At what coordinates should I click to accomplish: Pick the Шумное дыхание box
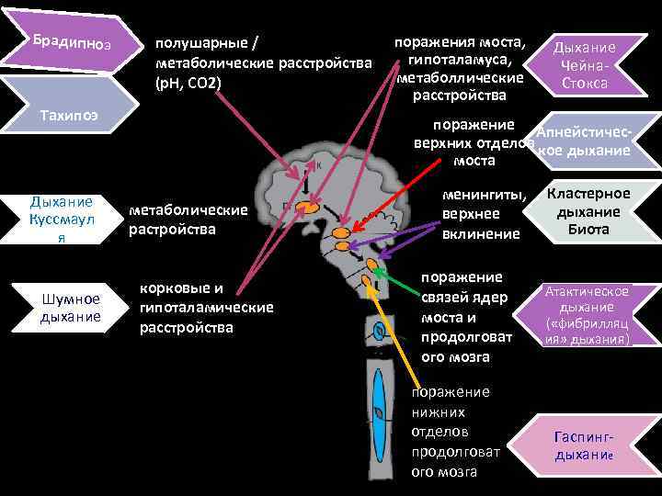pyautogui.click(x=70, y=307)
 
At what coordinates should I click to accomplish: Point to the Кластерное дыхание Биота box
pyautogui.click(x=588, y=211)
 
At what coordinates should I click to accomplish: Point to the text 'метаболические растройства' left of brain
pyautogui.click(x=188, y=220)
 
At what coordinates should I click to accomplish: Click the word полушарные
pyautogui.click(x=202, y=43)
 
